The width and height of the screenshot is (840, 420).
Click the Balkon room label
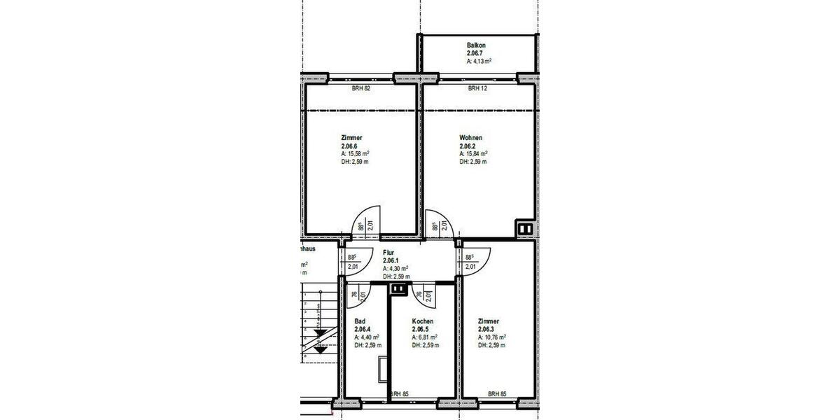pos(476,45)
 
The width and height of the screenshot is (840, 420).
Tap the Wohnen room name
pos(470,138)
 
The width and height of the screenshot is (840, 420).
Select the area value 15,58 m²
pos(358,154)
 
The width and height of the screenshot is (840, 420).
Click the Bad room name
pos(360,321)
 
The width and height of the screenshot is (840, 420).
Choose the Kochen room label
pos(423,321)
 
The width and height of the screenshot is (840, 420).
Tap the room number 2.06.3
pos(489,329)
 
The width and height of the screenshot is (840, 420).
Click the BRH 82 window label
pos(360,89)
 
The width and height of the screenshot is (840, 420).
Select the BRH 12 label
pos(477,89)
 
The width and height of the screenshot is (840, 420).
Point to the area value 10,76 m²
pos(494,337)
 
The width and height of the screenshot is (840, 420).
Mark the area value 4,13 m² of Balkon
pos(479,62)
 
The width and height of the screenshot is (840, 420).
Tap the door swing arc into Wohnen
pos(442,219)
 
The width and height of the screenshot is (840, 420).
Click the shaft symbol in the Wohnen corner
pos(524,228)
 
